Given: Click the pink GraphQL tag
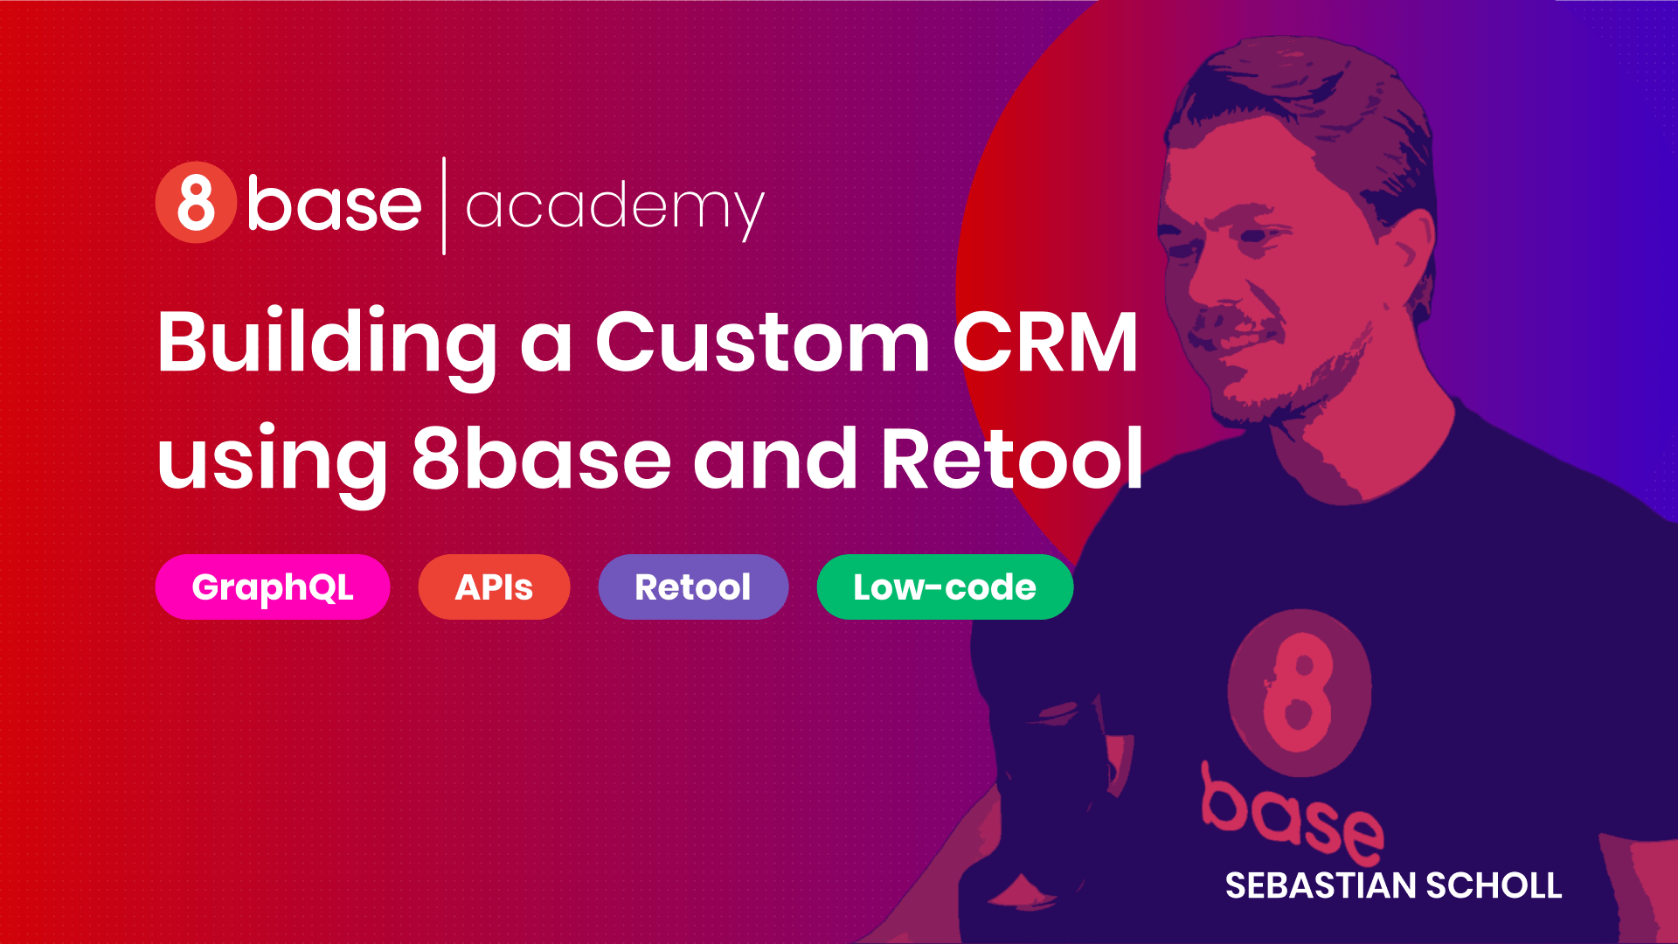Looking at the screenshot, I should pyautogui.click(x=273, y=587).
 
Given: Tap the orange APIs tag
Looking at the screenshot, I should pyautogui.click(x=494, y=587).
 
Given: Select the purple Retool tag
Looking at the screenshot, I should pyautogui.click(x=693, y=587).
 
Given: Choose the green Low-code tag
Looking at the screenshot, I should pyautogui.click(x=945, y=587).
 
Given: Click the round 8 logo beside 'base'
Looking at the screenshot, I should pyautogui.click(x=196, y=202).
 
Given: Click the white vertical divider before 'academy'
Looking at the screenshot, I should pyautogui.click(x=444, y=206).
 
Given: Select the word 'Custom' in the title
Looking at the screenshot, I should pyautogui.click(x=762, y=343).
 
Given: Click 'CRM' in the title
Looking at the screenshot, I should pyautogui.click(x=1045, y=343).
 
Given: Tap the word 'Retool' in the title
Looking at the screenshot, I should pyautogui.click(x=1012, y=460).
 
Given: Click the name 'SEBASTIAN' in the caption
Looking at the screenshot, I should pyautogui.click(x=1321, y=886).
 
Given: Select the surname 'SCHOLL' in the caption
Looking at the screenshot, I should pyautogui.click(x=1494, y=886).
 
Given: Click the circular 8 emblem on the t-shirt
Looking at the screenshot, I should pyautogui.click(x=1300, y=691).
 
